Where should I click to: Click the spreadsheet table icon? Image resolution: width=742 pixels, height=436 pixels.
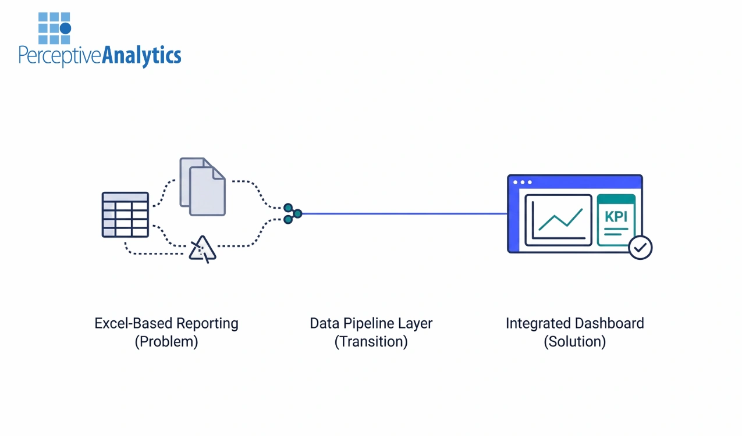pyautogui.click(x=125, y=215)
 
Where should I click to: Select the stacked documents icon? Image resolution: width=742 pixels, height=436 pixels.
pyautogui.click(x=203, y=187)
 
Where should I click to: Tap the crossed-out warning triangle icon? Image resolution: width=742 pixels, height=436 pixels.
pyautogui.click(x=203, y=249)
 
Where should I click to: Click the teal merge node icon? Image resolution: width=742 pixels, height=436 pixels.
pyautogui.click(x=292, y=213)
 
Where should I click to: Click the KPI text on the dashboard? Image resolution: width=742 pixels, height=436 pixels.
pyautogui.click(x=616, y=217)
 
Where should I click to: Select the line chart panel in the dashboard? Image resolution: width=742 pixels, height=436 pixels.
pyautogui.click(x=558, y=220)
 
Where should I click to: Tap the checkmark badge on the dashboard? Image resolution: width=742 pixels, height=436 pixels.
pyautogui.click(x=640, y=248)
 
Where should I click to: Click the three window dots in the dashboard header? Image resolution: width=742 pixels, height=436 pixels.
pyautogui.click(x=522, y=182)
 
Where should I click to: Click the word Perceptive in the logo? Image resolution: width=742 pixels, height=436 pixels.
pyautogui.click(x=60, y=56)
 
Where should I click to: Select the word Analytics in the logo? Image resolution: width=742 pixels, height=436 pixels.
pyautogui.click(x=141, y=56)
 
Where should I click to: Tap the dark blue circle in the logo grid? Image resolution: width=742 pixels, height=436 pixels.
pyautogui.click(x=65, y=28)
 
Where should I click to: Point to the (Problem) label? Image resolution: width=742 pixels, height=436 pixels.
pyautogui.click(x=166, y=342)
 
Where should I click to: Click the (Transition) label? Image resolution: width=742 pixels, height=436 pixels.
pyautogui.click(x=371, y=342)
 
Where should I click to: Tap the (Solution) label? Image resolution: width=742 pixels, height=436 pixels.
pyautogui.click(x=574, y=342)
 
